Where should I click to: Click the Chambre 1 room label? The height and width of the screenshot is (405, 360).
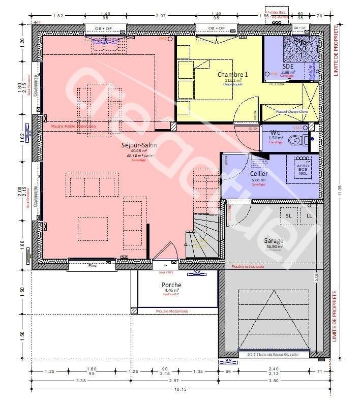click(x=233, y=74)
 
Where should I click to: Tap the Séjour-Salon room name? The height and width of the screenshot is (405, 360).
click(x=139, y=145)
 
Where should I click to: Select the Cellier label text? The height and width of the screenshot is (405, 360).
click(x=259, y=173)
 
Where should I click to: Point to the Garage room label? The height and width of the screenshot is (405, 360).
click(x=273, y=241)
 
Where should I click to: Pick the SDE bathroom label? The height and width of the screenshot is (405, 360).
click(x=288, y=66)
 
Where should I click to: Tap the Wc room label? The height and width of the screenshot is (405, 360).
click(x=276, y=132)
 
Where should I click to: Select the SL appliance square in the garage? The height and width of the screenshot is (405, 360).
click(x=289, y=216)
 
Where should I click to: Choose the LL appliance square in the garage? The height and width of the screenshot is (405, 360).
click(x=309, y=216)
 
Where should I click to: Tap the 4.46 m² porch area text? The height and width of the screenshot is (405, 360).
click(x=172, y=291)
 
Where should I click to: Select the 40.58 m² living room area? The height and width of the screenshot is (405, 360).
click(x=138, y=151)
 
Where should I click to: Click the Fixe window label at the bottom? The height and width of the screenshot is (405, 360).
click(x=93, y=265)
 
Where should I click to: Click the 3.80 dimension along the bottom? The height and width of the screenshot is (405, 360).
click(x=273, y=380)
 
